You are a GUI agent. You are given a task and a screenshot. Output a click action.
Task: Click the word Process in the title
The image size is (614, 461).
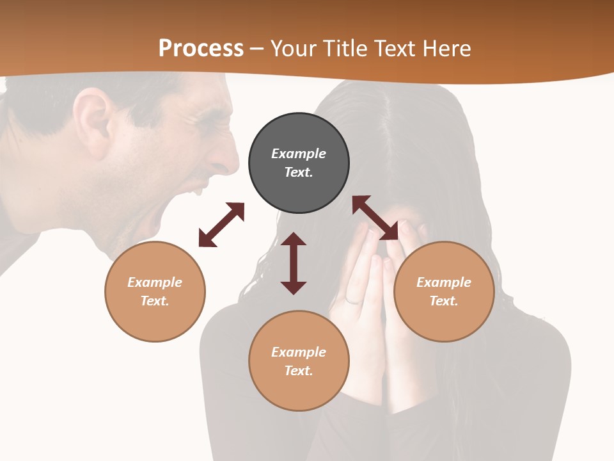tap(201, 48)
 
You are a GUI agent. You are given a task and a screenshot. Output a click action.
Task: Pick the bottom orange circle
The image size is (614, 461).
tap(299, 387)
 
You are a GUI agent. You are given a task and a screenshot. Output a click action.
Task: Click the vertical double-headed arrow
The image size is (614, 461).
tap(294, 263)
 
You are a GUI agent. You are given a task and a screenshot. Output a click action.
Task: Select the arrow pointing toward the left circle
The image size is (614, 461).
tap(221, 225)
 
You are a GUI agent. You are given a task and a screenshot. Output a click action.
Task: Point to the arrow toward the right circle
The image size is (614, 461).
tap(375, 218)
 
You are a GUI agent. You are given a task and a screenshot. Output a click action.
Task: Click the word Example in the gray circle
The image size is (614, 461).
tap(299, 154)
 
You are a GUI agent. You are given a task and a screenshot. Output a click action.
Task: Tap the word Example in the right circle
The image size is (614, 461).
tap(444, 282)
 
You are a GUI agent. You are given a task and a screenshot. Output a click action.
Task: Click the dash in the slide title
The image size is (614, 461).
tap(257, 49)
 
